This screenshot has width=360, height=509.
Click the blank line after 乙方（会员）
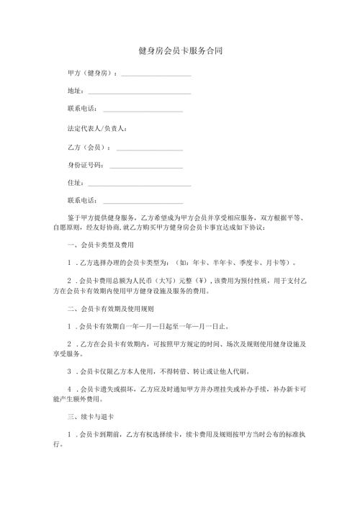pyautogui.click(x=148, y=148)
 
